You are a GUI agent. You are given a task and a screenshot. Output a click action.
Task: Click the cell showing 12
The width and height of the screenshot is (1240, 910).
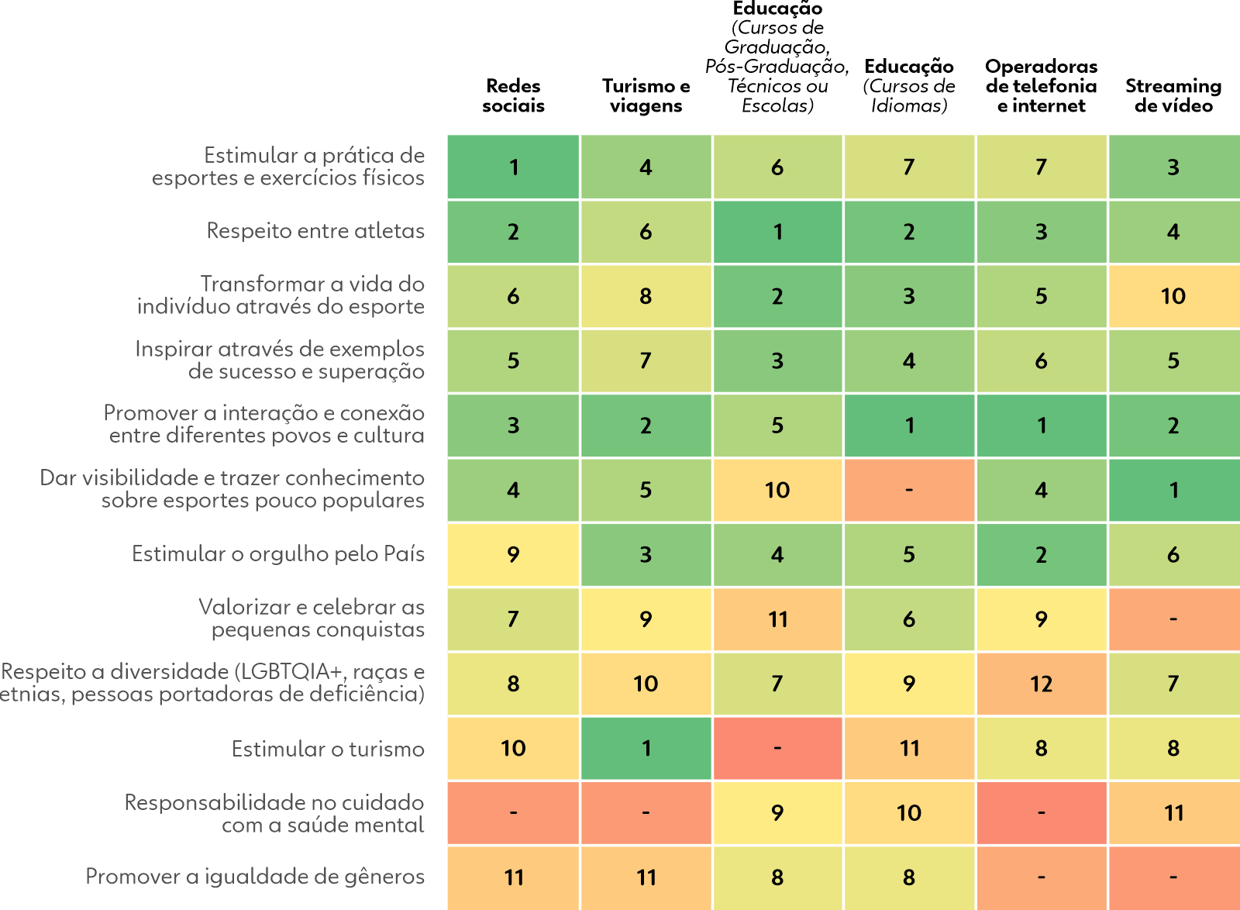click(1041, 684)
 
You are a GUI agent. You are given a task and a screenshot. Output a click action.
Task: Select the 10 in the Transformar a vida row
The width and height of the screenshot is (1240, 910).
click(1173, 296)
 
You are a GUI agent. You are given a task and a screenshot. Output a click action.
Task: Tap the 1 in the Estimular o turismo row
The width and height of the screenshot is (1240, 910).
click(646, 748)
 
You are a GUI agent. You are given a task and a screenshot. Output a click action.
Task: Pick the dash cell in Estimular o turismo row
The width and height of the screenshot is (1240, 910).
click(777, 748)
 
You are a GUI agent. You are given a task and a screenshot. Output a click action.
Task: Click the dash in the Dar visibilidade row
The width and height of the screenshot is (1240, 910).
click(909, 490)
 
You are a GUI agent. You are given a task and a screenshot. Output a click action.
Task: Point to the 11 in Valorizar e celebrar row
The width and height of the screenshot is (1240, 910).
click(777, 619)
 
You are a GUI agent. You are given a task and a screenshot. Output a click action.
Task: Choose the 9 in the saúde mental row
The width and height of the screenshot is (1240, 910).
click(777, 812)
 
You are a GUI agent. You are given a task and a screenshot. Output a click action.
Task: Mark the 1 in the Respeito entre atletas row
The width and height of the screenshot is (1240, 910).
click(777, 232)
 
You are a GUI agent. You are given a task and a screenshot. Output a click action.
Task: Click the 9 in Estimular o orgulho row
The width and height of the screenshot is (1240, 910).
click(513, 554)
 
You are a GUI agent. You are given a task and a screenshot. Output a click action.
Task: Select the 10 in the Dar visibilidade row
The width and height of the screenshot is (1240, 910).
click(777, 490)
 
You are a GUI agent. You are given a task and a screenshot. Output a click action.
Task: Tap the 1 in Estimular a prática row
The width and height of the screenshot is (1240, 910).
click(513, 167)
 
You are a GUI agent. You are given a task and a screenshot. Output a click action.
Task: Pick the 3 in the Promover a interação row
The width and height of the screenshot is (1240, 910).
click(513, 426)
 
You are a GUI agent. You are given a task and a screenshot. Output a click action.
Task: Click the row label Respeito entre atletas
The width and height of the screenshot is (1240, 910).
click(315, 231)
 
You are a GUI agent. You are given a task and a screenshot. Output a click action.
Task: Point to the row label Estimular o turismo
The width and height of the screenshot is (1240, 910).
click(328, 749)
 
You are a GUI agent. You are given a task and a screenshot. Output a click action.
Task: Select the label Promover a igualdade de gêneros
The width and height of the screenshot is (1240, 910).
click(254, 877)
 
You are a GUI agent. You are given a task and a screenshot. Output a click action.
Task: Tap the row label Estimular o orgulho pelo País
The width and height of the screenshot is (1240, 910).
click(277, 554)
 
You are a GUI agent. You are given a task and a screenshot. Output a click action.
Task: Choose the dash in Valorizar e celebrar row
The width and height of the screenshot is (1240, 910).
click(1173, 619)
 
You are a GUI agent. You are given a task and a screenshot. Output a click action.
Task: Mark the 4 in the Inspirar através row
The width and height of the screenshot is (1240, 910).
click(909, 360)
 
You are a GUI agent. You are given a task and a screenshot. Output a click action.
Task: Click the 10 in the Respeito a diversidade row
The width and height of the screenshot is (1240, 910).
click(646, 684)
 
